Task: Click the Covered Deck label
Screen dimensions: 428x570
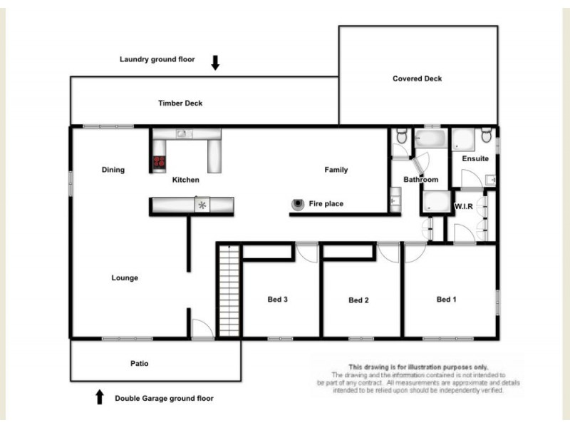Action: pyautogui.click(x=417, y=78)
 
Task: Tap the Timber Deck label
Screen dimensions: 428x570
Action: pyautogui.click(x=180, y=103)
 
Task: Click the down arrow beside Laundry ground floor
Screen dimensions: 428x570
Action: pyautogui.click(x=215, y=63)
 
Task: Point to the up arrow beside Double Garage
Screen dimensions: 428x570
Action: pyautogui.click(x=100, y=397)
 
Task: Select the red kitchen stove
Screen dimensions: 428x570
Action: pyautogui.click(x=158, y=163)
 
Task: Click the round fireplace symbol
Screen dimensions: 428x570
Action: pyautogui.click(x=296, y=204)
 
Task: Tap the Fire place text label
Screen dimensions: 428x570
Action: pyautogui.click(x=326, y=204)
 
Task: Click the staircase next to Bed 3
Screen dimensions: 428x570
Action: pyautogui.click(x=228, y=290)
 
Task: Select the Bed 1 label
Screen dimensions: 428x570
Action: pyautogui.click(x=446, y=300)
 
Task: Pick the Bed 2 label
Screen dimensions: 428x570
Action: pyautogui.click(x=358, y=300)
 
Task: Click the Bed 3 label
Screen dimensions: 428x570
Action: pyautogui.click(x=277, y=300)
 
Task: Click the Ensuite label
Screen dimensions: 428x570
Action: pyautogui.click(x=475, y=158)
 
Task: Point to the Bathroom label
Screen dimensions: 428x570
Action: pyautogui.click(x=420, y=180)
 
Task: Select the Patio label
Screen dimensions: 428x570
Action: pyautogui.click(x=140, y=364)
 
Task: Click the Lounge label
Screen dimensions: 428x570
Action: pyautogui.click(x=125, y=278)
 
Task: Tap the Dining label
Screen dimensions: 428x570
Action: pyautogui.click(x=113, y=170)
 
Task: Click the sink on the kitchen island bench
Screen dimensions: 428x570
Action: pyautogui.click(x=202, y=205)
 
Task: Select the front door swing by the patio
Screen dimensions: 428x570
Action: pyautogui.click(x=202, y=328)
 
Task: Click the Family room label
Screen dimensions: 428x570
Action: pyautogui.click(x=336, y=170)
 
